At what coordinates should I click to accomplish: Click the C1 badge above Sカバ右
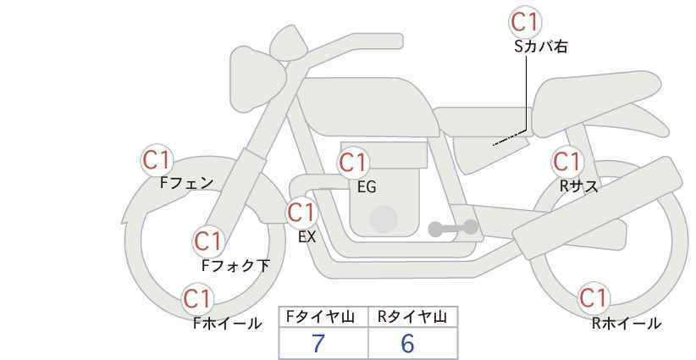[x=526, y=21]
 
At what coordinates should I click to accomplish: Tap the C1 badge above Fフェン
[x=157, y=159]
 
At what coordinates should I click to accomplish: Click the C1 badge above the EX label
[x=302, y=213]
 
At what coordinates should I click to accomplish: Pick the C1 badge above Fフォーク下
[x=207, y=241]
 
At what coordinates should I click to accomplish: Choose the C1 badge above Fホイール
[x=197, y=298]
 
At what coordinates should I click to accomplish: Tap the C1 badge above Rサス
[x=566, y=161]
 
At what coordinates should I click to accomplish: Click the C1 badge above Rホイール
[x=593, y=298]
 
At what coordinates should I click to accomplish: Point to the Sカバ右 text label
[x=540, y=47]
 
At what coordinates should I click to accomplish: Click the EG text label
[x=367, y=187]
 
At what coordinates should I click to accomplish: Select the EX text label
[x=307, y=237]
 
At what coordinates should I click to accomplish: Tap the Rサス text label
[x=578, y=186]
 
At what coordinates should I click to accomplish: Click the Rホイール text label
[x=627, y=323]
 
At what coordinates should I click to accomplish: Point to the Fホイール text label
[x=227, y=323]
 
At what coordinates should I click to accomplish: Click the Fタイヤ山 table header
[x=323, y=317]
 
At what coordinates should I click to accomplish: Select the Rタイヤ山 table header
[x=412, y=317]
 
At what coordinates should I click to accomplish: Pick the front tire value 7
[x=319, y=344]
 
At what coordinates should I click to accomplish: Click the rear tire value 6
[x=407, y=344]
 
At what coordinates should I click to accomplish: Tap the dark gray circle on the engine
[x=384, y=219]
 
